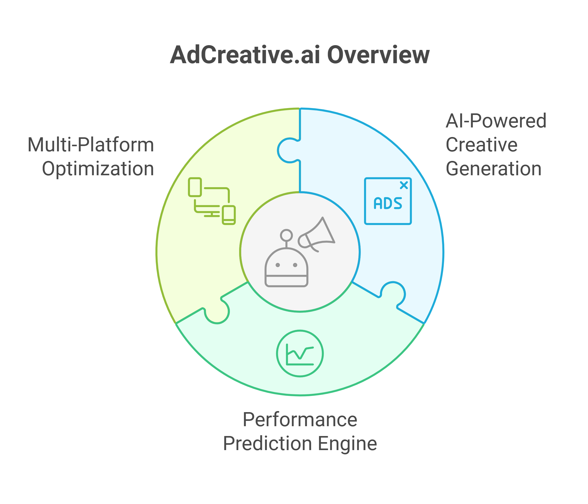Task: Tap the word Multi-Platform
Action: (x=91, y=145)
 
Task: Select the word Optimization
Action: (x=98, y=169)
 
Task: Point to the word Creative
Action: (x=481, y=145)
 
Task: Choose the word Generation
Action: (x=493, y=169)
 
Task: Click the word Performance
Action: (x=300, y=420)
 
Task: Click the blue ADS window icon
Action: (x=388, y=201)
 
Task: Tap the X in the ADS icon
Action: (x=404, y=185)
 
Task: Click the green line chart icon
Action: (x=300, y=353)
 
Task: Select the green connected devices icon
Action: (x=212, y=201)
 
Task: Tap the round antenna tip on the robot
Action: (x=286, y=235)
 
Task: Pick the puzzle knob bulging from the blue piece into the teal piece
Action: (x=393, y=293)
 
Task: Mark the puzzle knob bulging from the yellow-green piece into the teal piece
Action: (x=217, y=312)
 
